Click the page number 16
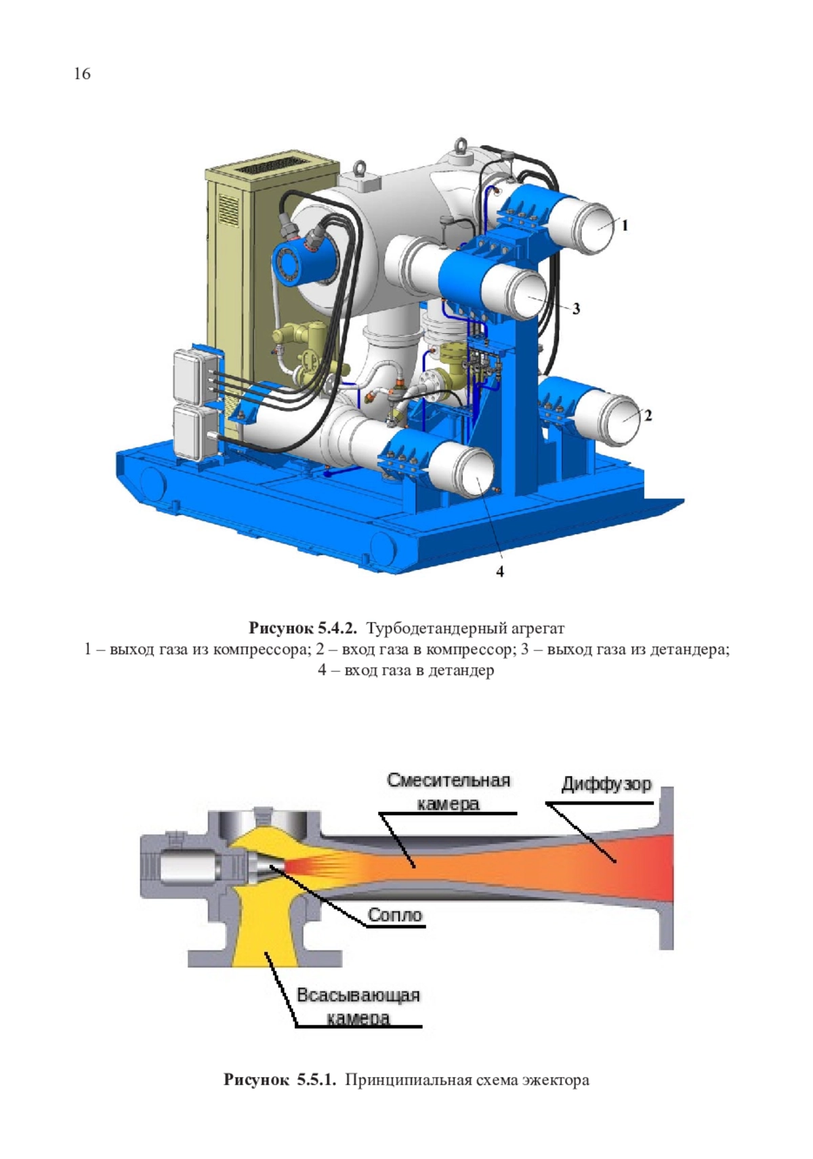(82, 73)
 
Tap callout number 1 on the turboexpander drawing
(625, 225)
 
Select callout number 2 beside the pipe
(648, 415)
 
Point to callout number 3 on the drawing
(576, 308)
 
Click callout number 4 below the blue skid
(499, 571)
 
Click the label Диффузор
(606, 784)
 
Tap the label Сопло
(394, 915)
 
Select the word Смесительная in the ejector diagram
(449, 780)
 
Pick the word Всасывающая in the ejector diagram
(358, 995)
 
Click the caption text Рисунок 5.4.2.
(303, 628)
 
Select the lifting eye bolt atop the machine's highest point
(460, 146)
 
